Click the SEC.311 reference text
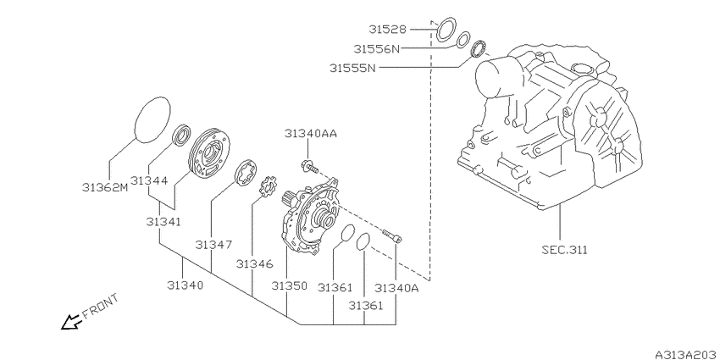tap(564, 250)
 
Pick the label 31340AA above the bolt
tap(310, 134)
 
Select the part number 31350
tap(289, 287)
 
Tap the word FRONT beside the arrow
tap(102, 306)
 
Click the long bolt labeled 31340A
tap(391, 236)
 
